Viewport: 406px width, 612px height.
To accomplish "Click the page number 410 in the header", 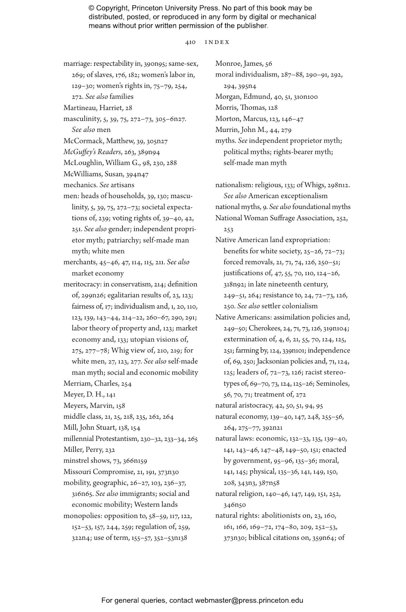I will pos(190,42).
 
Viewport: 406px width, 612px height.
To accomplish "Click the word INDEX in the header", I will pos(217,42).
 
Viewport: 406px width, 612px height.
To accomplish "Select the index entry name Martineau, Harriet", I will pos(93,108).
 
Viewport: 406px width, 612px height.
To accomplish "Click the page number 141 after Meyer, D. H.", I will pos(111,394).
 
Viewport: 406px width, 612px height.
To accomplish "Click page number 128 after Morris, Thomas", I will pos(273,108).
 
